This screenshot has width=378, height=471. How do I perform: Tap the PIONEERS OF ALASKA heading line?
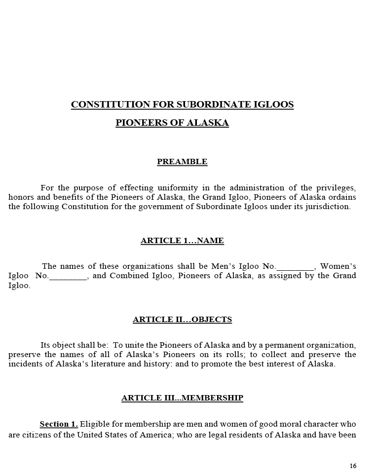click(x=172, y=123)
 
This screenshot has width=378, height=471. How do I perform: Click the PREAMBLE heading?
click(x=182, y=162)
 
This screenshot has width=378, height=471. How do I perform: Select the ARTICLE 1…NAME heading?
click(x=182, y=241)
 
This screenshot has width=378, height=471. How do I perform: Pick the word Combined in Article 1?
click(x=126, y=276)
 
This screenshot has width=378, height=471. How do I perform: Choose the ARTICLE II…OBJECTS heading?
click(x=182, y=320)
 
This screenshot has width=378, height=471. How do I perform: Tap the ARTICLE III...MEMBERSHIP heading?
click(x=182, y=398)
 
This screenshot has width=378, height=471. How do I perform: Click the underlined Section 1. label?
click(x=59, y=424)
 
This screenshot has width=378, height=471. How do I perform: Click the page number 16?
click(x=353, y=466)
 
